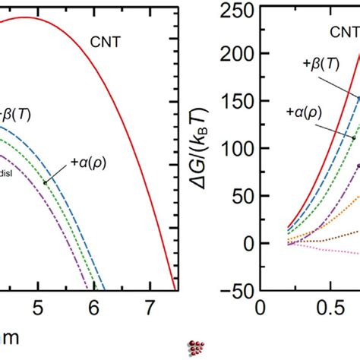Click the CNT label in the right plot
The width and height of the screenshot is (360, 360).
[x=344, y=31]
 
